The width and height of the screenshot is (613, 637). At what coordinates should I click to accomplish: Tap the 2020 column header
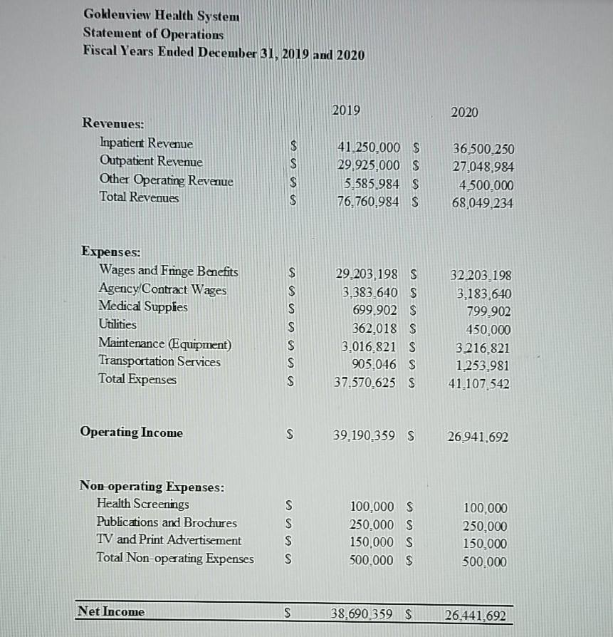click(x=465, y=113)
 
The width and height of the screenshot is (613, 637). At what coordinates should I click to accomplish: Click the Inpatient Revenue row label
click(x=147, y=144)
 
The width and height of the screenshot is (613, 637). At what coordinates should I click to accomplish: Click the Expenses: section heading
click(x=111, y=252)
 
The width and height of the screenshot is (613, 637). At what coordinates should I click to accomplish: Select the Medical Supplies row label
click(x=143, y=307)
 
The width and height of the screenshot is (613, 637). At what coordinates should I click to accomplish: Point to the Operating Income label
click(x=132, y=433)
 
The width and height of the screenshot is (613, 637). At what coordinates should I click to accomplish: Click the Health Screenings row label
click(x=143, y=504)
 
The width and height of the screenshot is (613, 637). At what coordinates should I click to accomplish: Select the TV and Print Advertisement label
click(x=169, y=540)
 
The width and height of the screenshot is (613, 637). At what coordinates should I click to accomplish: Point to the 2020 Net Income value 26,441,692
click(x=476, y=615)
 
